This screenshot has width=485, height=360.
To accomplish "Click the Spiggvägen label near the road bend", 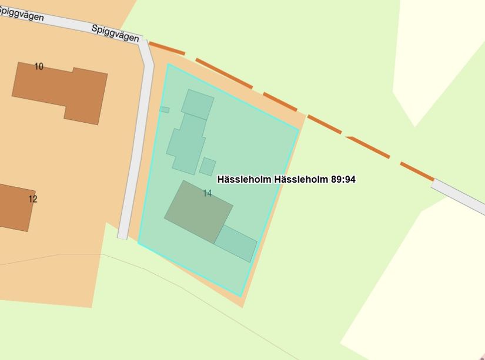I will pos(116,33).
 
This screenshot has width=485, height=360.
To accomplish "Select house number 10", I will pos(39,66).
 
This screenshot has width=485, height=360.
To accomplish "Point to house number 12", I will pos(33,199).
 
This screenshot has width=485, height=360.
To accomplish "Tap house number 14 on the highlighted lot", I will pos(207,193).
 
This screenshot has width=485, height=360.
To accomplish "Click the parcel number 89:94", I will pos(343,179).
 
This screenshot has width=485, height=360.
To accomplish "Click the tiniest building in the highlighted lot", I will pos(165,110).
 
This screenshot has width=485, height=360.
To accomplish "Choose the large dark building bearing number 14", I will pos(198,212).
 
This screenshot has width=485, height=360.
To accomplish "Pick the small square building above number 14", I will pos(208,166).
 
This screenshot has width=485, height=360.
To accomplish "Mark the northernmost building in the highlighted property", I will pos(198,104).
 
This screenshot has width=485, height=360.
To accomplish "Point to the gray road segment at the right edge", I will pos(459,197).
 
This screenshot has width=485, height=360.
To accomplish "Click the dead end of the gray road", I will pos(122,236).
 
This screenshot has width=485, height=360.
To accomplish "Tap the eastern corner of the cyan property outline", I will pos(299,129).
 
